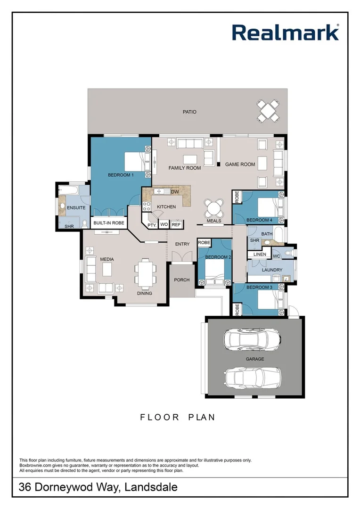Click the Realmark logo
[285, 32]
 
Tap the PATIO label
[190, 112]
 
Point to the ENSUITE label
[76, 207]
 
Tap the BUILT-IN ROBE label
[109, 223]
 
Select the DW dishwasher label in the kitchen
[175, 192]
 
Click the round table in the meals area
[213, 207]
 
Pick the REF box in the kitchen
[176, 225]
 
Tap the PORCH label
[181, 280]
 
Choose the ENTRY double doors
[181, 256]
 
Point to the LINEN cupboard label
[260, 254]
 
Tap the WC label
[277, 256]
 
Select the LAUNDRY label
[273, 270]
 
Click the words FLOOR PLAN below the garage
[178, 417]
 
